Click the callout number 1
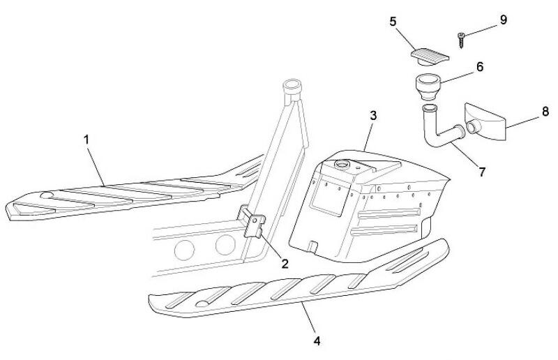(86, 140)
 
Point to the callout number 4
(317, 341)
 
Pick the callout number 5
(393, 22)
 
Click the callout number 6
(479, 67)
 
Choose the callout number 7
(482, 172)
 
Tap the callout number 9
(503, 19)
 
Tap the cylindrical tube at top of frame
(291, 90)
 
